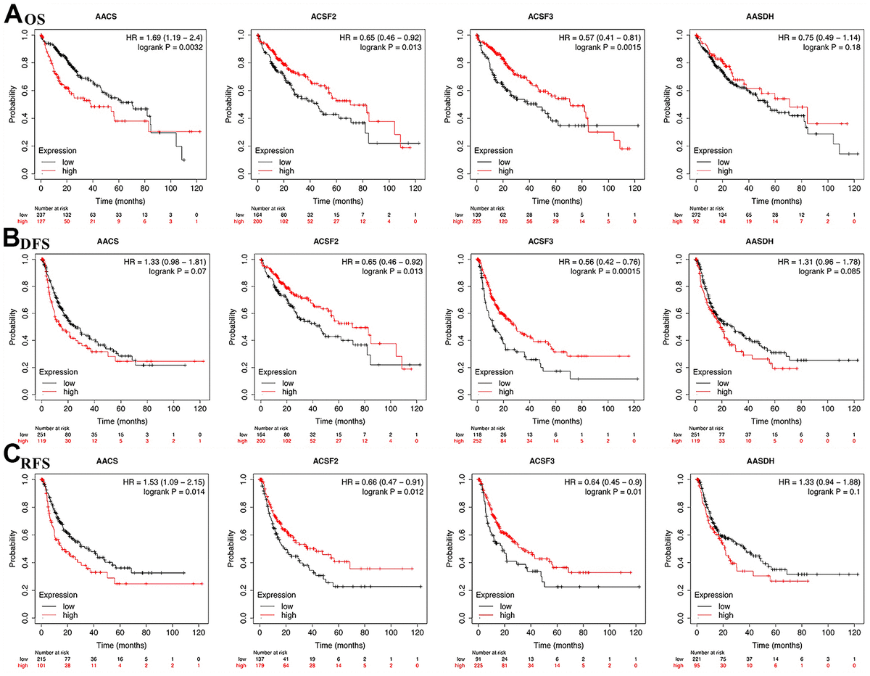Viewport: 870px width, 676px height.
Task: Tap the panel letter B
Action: (12, 239)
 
